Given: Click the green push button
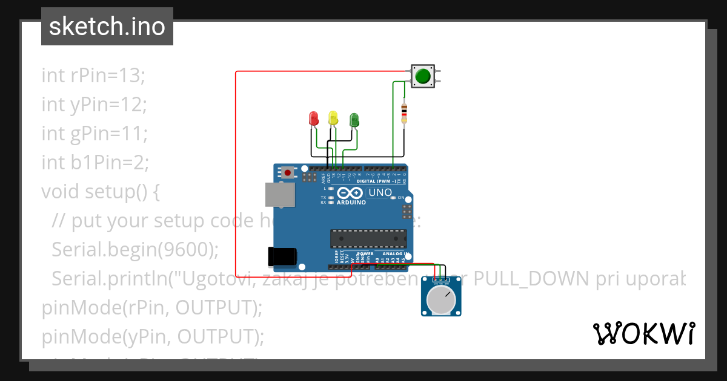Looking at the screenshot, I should (x=423, y=76).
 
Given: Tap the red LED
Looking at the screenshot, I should (x=313, y=118).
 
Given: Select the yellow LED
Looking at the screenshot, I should (x=333, y=118).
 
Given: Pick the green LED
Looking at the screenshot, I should (x=354, y=119).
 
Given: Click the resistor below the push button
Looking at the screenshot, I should (x=404, y=112).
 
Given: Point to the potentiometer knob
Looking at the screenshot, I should (x=442, y=299).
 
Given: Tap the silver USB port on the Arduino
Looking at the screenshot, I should (x=280, y=195).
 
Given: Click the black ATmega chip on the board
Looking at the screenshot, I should (x=368, y=239).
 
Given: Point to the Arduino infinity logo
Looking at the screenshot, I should (x=348, y=194).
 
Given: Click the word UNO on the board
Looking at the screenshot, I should (x=380, y=193).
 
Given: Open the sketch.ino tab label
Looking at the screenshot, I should (x=107, y=27).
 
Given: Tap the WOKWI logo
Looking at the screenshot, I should (x=643, y=333).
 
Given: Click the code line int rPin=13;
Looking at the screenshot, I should (x=93, y=76).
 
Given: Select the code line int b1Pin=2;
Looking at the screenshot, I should (x=95, y=163).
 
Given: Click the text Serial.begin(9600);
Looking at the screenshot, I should (x=134, y=249).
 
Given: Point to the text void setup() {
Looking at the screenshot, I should (x=101, y=192).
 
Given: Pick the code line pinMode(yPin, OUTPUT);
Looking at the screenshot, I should (x=153, y=336).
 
